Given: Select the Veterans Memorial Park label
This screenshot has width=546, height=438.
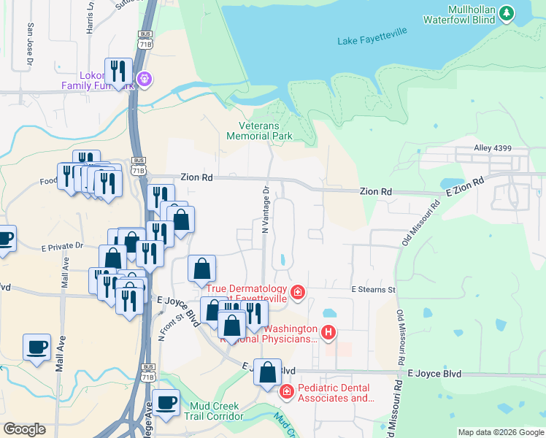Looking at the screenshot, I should (x=259, y=131).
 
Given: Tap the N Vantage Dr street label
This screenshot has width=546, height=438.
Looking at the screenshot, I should (x=266, y=209).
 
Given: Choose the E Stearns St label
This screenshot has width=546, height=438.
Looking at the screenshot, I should (x=373, y=290).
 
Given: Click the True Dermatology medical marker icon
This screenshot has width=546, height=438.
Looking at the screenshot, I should (x=297, y=293).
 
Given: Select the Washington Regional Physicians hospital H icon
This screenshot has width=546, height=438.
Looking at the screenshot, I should (x=328, y=334).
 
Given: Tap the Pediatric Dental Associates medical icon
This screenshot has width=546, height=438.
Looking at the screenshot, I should (x=287, y=392).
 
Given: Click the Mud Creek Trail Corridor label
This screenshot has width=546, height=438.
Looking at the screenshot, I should (x=216, y=412).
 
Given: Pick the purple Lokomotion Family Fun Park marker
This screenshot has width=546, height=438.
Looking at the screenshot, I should (x=145, y=77).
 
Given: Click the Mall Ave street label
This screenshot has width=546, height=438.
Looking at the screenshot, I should (x=64, y=271).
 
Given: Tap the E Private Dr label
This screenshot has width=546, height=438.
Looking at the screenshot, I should (x=63, y=247).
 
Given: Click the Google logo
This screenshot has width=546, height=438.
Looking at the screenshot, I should (x=24, y=429).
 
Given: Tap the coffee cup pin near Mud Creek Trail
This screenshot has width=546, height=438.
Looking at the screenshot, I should (x=166, y=402).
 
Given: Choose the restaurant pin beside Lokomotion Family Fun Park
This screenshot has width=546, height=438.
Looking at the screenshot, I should (x=118, y=72).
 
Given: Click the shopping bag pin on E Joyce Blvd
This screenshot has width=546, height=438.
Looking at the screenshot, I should (x=269, y=372).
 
